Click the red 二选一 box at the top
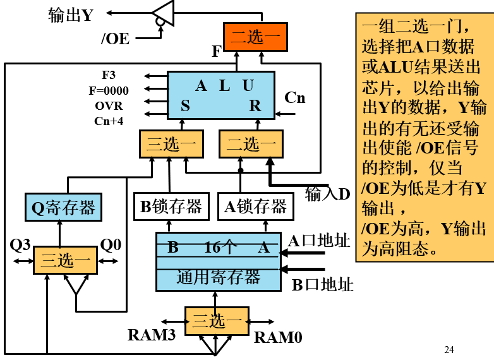pos(255,37)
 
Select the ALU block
pos(220,95)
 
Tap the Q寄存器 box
pos(63,207)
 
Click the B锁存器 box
pos(171,207)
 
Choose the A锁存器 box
pos(256,207)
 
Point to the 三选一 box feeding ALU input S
pos(172,145)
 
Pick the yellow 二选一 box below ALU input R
pos(251,145)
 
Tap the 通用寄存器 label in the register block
pos(218,277)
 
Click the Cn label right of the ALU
pos(294,98)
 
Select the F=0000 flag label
pos(108,90)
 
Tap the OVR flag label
pos(109,105)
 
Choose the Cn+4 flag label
pos(109,121)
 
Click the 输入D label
pos(327,194)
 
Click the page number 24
pos(449,350)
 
